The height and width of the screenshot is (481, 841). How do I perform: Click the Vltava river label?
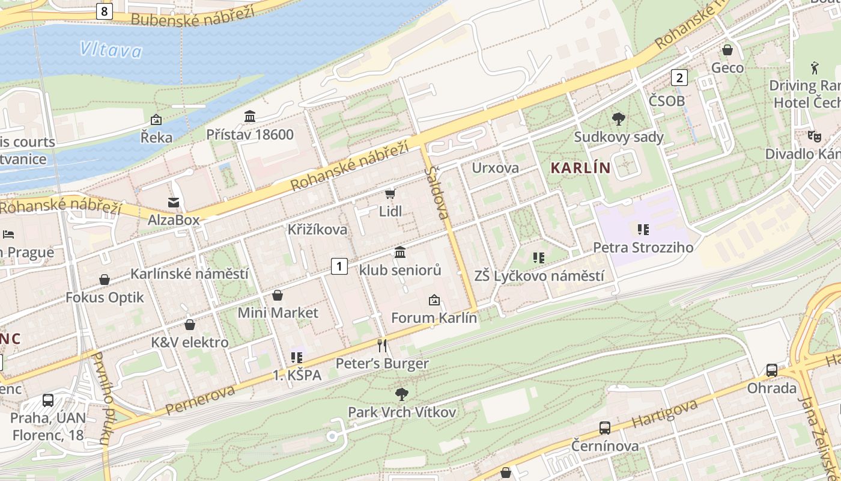point(111,49)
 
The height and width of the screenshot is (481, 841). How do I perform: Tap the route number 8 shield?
point(105,10)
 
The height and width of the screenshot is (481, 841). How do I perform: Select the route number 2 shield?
point(679,78)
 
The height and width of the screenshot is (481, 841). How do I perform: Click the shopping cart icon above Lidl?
point(390,194)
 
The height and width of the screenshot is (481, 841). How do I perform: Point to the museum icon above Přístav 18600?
point(250,116)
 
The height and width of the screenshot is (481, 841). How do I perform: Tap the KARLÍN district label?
point(580,168)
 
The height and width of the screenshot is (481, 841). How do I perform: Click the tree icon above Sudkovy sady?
point(618,118)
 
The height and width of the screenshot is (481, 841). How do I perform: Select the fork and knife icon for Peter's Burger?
point(381,345)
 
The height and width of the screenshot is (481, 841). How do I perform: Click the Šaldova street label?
point(437,192)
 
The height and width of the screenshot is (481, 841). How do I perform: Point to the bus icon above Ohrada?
point(772,370)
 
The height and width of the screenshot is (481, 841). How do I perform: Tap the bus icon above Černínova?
point(605,428)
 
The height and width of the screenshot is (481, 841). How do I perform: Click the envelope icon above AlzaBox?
point(174,203)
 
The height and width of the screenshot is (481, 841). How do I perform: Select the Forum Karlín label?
point(434,317)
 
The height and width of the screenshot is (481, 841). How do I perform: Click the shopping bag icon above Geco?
point(727,50)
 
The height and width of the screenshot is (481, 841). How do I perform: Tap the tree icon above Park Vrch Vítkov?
point(402,394)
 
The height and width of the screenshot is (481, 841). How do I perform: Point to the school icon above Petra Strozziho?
point(643,229)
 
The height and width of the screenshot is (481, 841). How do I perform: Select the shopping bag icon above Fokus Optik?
point(105,280)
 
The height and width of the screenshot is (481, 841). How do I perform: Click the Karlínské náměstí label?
point(189,274)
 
